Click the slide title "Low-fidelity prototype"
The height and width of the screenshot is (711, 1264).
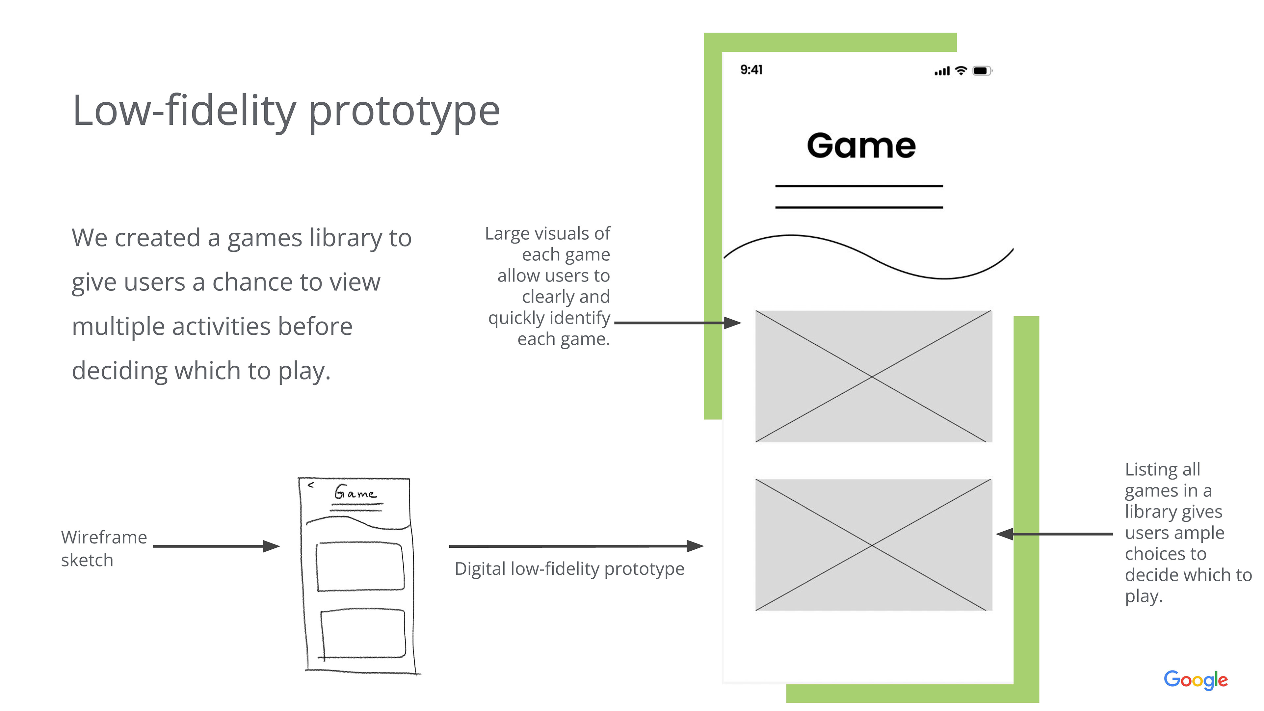tap(286, 111)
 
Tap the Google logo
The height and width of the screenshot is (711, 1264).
tap(1195, 680)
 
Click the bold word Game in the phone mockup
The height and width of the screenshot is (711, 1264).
tap(861, 146)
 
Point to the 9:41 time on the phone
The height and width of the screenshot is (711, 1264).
tap(751, 70)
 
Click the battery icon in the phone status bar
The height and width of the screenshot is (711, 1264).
tap(982, 71)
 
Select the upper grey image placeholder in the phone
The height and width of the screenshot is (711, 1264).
tap(873, 376)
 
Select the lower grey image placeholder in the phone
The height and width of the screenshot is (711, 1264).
tap(873, 545)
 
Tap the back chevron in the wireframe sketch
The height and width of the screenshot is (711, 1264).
tap(311, 485)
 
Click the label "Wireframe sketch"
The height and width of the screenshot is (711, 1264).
tap(104, 548)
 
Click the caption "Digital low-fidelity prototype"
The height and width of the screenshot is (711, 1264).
tap(569, 569)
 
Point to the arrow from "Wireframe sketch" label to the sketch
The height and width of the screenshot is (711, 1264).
tap(216, 546)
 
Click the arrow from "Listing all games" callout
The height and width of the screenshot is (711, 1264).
tap(1055, 534)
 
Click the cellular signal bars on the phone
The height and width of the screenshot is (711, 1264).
tap(942, 72)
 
